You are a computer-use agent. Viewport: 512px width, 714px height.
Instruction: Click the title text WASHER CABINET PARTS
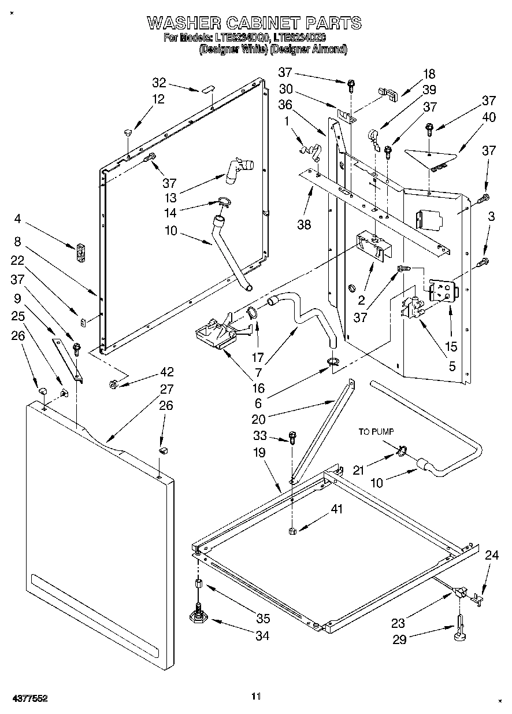(254, 23)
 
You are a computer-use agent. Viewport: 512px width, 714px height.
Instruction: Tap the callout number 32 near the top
(159, 82)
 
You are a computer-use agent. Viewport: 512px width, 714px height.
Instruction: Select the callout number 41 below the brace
(336, 509)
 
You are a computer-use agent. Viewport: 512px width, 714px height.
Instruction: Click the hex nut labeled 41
(292, 531)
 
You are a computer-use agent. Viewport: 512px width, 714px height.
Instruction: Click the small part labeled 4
(81, 251)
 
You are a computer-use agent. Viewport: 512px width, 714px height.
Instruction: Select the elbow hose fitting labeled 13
(237, 169)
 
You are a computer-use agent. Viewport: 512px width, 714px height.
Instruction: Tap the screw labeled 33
(292, 439)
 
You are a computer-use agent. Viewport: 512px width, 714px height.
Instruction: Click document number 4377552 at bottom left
(28, 698)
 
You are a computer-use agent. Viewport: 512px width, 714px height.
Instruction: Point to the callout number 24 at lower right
(491, 556)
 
